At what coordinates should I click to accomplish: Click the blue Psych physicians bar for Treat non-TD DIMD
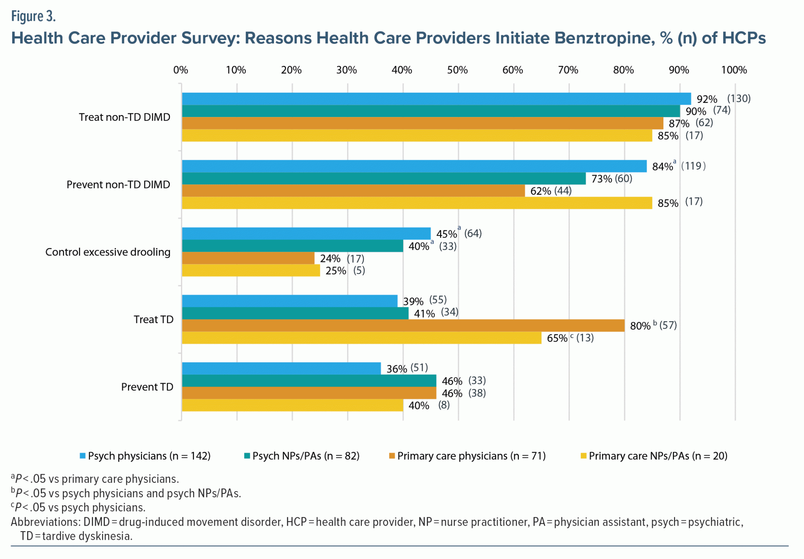tap(436, 99)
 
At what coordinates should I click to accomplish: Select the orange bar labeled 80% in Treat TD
tap(403, 325)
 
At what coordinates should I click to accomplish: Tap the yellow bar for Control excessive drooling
tap(251, 270)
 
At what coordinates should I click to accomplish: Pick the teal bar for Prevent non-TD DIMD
tap(384, 179)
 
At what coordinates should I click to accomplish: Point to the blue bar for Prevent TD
tap(281, 368)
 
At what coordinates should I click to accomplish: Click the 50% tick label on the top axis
tap(457, 70)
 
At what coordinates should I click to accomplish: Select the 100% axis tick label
tap(734, 70)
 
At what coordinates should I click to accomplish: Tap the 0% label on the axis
tap(181, 70)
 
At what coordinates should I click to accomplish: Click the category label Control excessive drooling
tap(108, 252)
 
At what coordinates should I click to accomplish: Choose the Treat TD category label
tap(153, 320)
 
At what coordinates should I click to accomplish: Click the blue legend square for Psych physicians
tap(82, 456)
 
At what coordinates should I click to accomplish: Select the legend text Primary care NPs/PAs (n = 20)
tap(658, 456)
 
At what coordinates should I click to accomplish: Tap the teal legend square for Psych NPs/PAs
tap(247, 456)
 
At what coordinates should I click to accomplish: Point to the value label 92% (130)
tap(723, 99)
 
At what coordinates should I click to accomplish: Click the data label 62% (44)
tap(551, 191)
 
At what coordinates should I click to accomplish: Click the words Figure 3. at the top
tap(33, 16)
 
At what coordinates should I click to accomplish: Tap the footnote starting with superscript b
tap(126, 493)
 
